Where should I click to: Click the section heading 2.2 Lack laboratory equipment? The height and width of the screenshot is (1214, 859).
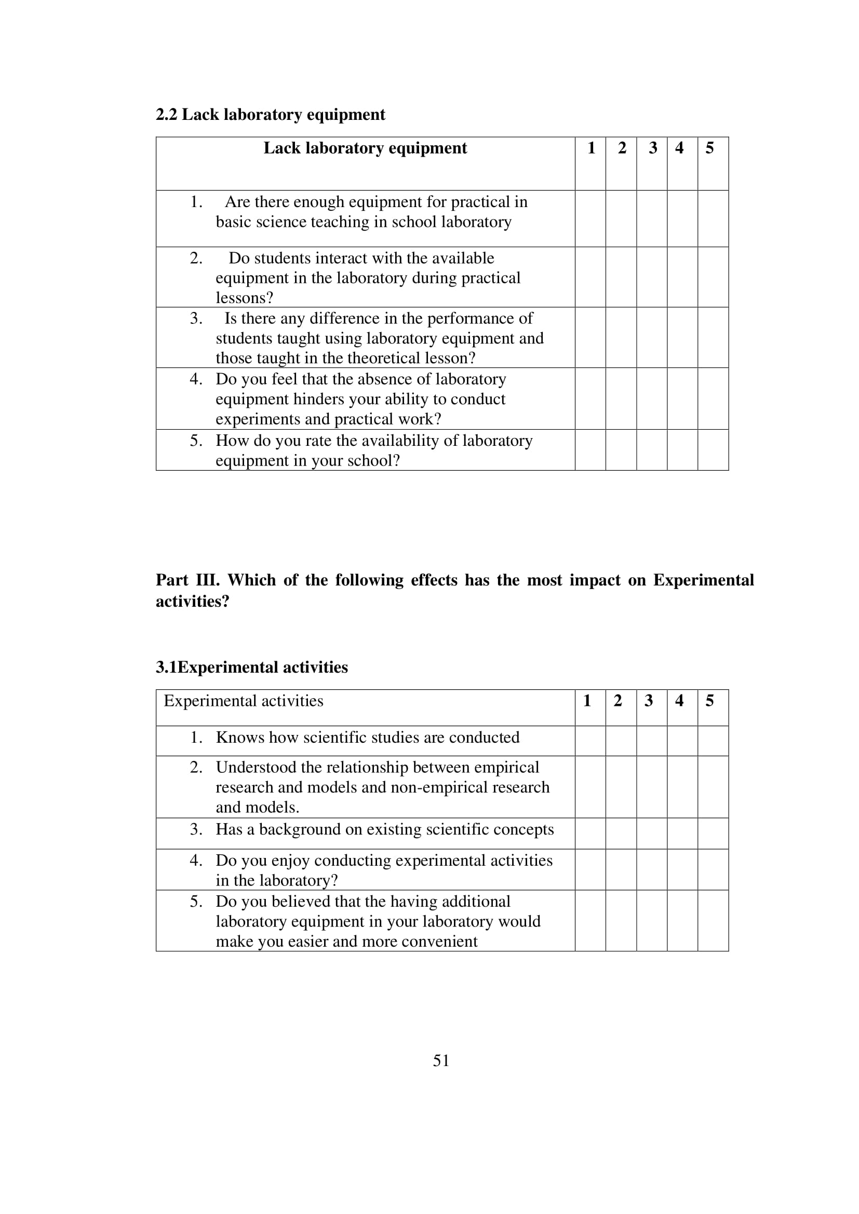pos(270,115)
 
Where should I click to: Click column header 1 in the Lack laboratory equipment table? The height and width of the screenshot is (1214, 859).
pos(591,148)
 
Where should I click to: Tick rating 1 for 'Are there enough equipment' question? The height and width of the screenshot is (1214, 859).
pos(590,219)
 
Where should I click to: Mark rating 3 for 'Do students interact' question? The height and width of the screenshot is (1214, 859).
pos(652,277)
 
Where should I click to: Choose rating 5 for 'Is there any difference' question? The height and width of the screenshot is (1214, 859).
pos(713,337)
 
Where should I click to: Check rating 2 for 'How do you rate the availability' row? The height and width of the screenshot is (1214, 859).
pos(621,450)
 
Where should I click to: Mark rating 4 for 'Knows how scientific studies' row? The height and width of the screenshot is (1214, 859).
pos(682,741)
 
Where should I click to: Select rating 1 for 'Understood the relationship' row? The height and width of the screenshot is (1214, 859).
pos(590,787)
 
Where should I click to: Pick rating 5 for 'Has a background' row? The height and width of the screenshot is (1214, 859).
pos(713,834)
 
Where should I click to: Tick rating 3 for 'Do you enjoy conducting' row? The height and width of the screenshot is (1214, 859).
pos(652,869)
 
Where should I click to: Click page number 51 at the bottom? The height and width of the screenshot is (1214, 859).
pos(440,1060)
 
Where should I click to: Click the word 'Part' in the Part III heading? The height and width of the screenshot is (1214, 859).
pos(172,580)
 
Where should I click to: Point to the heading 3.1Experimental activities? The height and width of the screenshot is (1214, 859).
pos(252,667)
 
